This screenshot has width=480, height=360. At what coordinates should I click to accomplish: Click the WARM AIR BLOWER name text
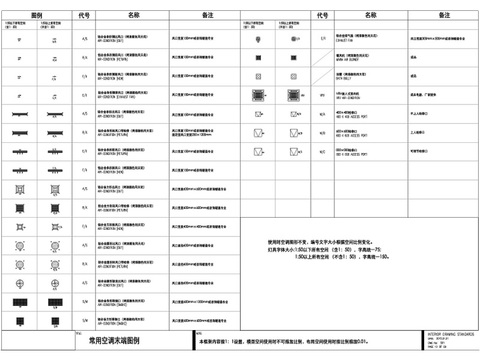coord(349,59)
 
